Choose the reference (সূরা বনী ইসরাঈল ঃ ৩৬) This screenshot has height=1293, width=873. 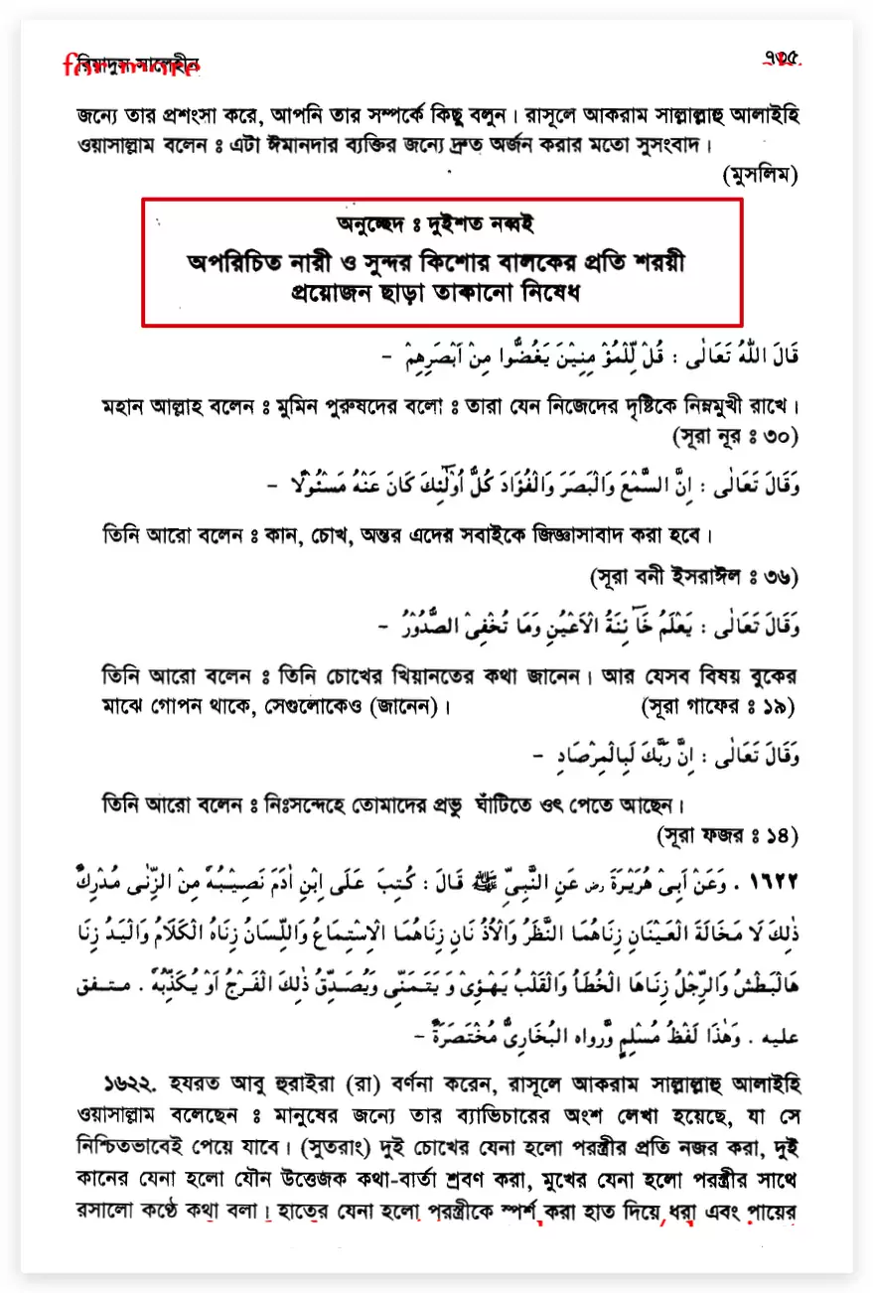point(694,576)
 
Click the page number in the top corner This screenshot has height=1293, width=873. point(782,59)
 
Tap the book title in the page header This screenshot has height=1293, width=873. point(131,67)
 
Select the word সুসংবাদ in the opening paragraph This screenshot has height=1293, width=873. point(659,144)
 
